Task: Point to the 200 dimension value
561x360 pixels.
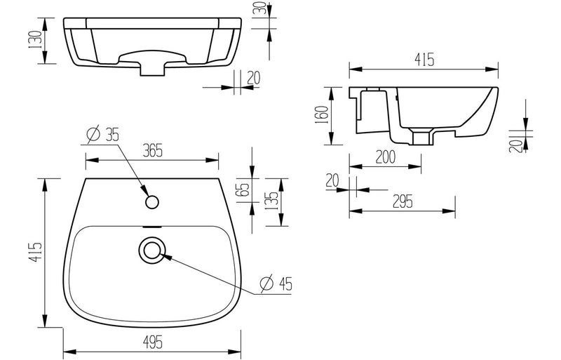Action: [x=385, y=156]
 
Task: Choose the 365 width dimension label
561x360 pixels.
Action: [x=151, y=149]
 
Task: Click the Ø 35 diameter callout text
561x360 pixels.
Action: [x=102, y=133]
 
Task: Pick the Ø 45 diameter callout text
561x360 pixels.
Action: [x=276, y=284]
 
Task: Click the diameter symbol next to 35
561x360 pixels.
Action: [x=92, y=133]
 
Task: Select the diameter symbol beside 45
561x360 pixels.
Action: [x=265, y=284]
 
